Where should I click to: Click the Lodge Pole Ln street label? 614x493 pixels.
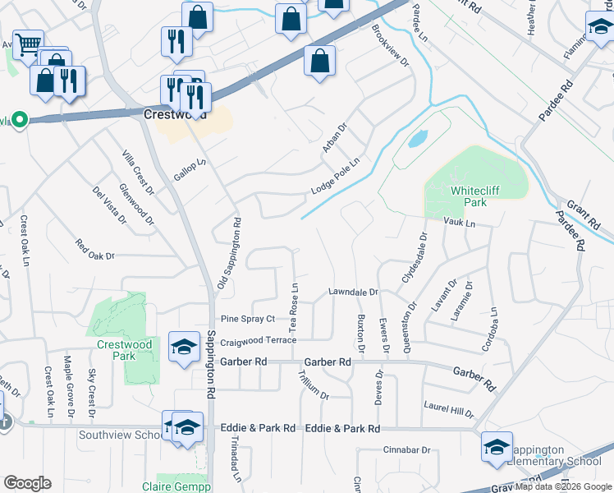pos(336,176)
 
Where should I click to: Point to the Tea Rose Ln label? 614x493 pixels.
pos(294,301)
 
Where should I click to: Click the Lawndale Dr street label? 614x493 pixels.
pos(353,293)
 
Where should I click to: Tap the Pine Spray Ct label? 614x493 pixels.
pos(246,319)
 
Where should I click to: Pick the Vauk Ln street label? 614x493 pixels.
pos(459,223)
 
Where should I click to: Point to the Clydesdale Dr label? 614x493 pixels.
pos(415,257)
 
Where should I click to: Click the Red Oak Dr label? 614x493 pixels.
pos(94,250)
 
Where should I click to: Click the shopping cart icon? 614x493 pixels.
pos(28,44)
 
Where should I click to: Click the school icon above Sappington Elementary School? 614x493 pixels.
pos(497,446)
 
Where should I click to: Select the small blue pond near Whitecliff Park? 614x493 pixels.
pos(417,137)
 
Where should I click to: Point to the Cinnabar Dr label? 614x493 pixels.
pos(407,450)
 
